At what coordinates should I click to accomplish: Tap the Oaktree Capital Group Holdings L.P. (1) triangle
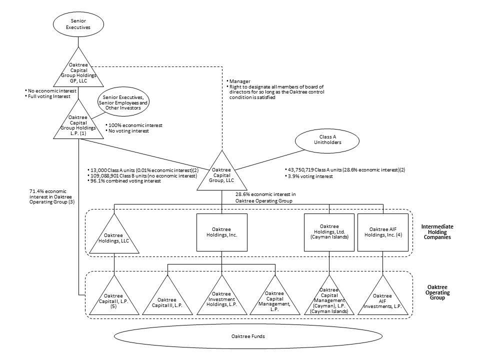coord(77,123)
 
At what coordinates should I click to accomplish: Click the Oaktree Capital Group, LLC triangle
coord(221,172)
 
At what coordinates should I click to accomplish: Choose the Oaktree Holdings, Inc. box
coord(221,232)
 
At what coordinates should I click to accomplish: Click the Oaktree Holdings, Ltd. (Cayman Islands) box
coord(329,232)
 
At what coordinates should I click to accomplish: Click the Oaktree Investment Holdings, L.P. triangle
coord(221,300)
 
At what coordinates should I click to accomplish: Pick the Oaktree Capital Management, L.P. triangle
coord(275,300)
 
